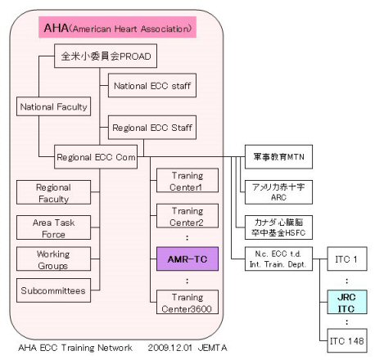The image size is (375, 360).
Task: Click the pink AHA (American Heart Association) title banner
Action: pos(117,27)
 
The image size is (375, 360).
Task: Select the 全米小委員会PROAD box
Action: pos(106,56)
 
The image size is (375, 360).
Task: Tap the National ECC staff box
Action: pos(152,85)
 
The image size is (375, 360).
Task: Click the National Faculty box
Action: pos(53,106)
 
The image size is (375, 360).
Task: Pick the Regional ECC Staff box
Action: pos(152,128)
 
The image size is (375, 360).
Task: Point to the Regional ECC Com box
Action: pos(96,157)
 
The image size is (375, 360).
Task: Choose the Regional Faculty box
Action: pos(53,192)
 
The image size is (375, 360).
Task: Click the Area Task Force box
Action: pos(53,227)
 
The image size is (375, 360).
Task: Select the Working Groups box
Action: pos(53,259)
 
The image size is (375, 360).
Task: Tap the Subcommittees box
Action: pos(53,290)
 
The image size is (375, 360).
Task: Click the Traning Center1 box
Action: pos(187,181)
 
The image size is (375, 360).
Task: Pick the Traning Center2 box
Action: pos(187,216)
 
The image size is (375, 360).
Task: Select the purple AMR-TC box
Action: pos(187,259)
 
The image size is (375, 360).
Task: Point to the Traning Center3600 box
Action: pos(187,302)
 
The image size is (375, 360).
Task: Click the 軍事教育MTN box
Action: pos(278,157)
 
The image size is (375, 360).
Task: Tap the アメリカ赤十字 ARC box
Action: pos(278,192)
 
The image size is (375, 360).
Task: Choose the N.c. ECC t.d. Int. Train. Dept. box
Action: pos(278,259)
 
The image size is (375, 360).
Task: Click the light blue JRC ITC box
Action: pos(347,302)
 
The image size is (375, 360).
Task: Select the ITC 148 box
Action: pos(347,340)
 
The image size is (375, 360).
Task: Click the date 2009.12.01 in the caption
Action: pos(169,348)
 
